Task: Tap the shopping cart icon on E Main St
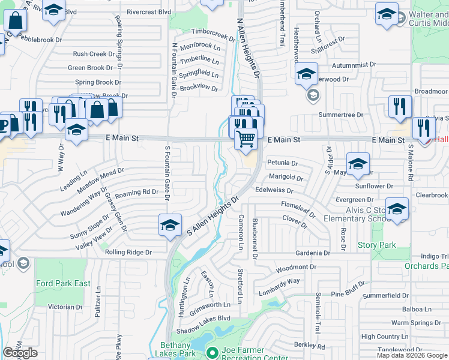pos(246,139)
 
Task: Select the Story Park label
pos(376,245)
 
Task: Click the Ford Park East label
pos(63,283)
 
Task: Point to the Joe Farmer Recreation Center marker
pos(210,352)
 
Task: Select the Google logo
pos(20,353)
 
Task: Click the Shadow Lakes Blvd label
pos(203,319)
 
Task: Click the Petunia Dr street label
pos(282,163)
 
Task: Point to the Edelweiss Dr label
pos(274,190)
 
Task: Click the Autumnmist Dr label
pos(356,64)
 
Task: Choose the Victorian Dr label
pos(65,307)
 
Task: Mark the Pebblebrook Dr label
pos(40,40)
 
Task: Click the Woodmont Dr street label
pos(296,267)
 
